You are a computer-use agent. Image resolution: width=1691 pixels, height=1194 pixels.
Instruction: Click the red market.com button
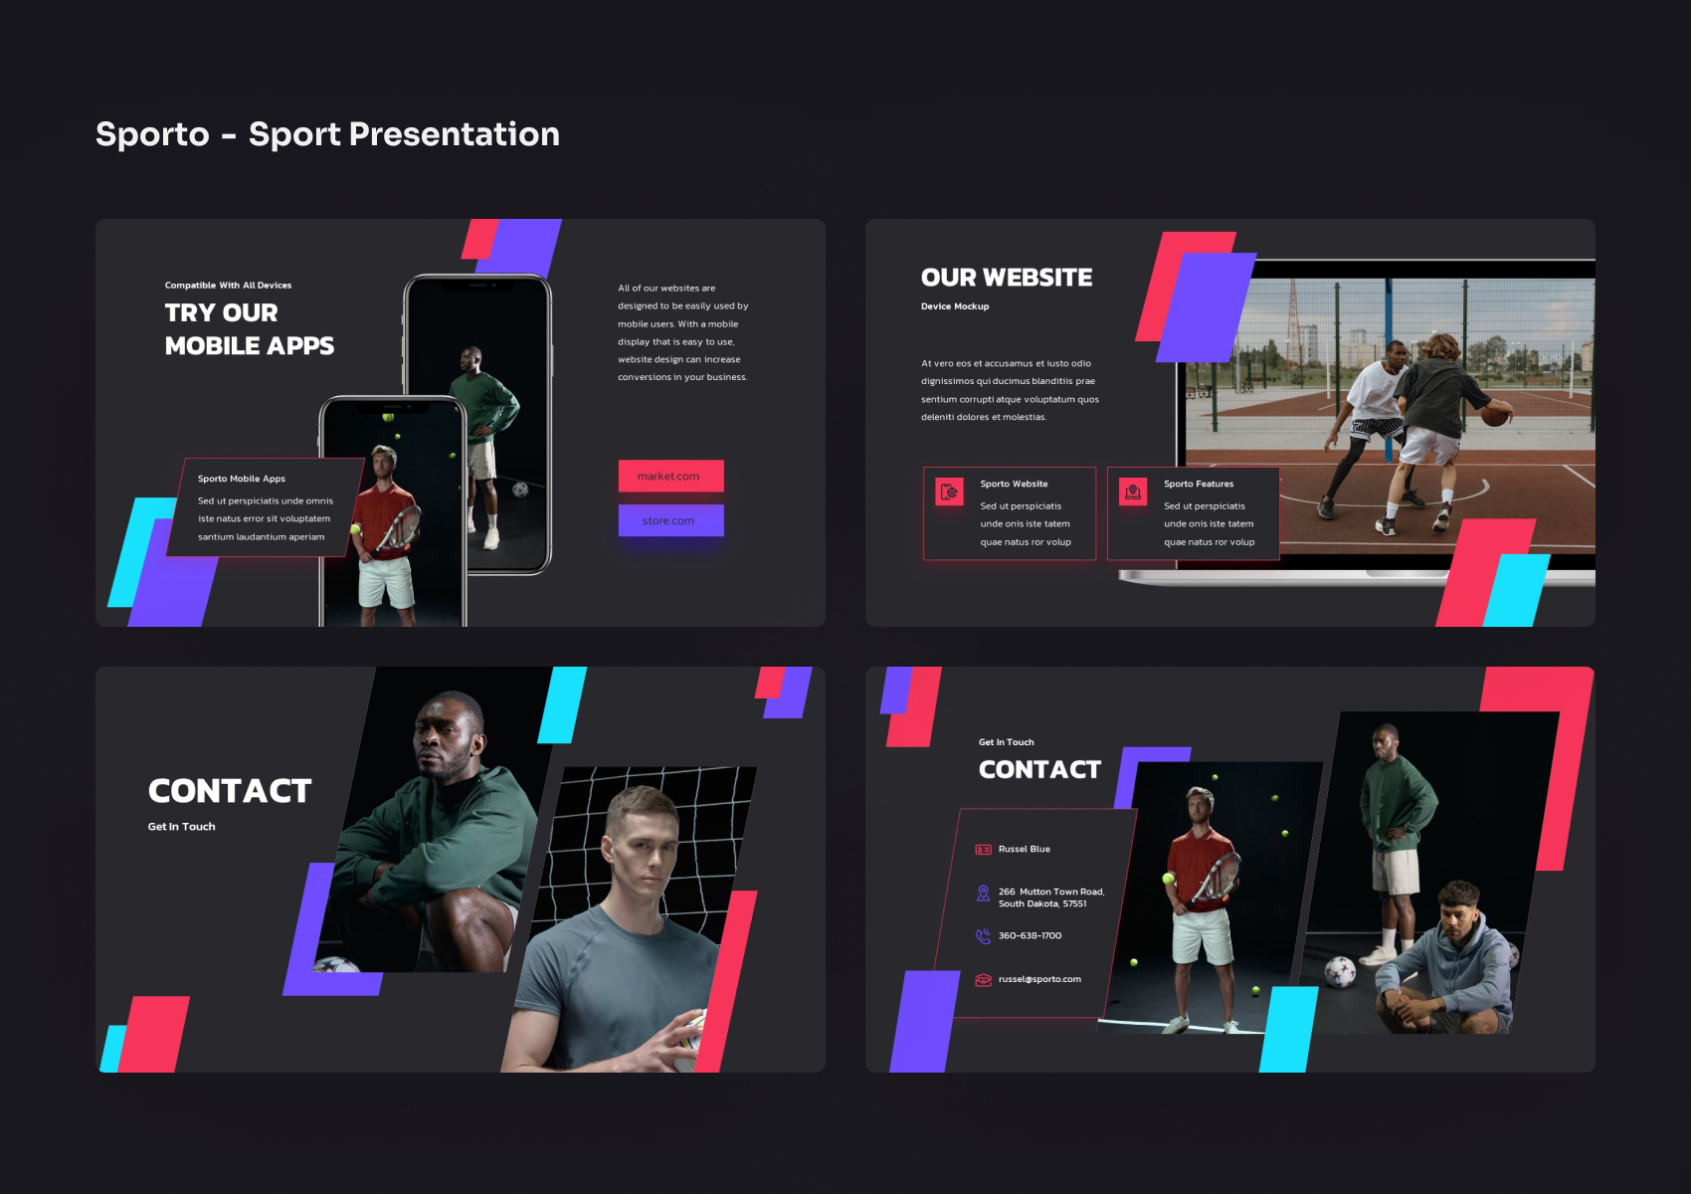(670, 476)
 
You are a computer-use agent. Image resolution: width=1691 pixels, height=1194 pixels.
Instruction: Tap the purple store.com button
(670, 520)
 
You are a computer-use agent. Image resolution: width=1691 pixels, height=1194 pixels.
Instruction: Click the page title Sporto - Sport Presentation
(327, 134)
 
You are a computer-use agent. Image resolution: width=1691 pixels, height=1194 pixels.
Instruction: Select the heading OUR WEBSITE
(1006, 278)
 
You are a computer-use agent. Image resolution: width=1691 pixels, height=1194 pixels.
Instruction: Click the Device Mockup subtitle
(954, 306)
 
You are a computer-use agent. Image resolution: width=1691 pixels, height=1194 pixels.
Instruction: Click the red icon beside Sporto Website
(949, 492)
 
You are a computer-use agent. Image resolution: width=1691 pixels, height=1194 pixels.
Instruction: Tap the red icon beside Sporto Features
(1133, 492)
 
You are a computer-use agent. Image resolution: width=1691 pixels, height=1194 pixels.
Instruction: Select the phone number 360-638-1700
(1030, 936)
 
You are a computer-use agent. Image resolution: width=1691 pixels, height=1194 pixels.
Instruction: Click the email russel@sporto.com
(1039, 980)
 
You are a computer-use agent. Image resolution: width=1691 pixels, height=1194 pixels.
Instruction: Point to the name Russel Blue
(1024, 850)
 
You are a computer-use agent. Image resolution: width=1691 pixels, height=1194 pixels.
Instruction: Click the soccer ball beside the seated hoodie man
(1340, 970)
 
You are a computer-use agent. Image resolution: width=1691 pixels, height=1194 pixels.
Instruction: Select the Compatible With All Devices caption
(228, 286)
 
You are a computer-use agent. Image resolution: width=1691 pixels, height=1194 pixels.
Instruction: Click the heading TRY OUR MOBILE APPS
(248, 329)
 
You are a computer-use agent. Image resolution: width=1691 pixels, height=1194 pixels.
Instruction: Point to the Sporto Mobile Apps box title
(241, 479)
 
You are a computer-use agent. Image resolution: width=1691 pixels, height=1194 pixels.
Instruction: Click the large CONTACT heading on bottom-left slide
(230, 791)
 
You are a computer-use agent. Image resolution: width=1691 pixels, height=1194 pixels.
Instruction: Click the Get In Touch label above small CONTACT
(1006, 742)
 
